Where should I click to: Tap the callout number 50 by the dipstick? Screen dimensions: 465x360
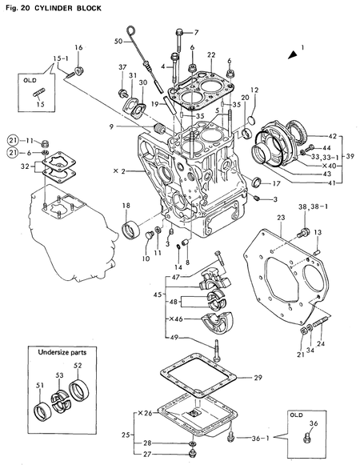click(x=118, y=41)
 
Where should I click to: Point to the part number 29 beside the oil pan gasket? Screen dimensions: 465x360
click(x=258, y=377)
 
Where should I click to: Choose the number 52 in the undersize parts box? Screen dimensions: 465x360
click(x=78, y=367)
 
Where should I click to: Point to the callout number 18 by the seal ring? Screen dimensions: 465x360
click(x=126, y=206)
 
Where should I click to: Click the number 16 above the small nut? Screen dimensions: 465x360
click(x=79, y=48)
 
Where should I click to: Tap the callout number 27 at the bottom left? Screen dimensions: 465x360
click(x=146, y=453)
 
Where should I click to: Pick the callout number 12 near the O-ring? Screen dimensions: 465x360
click(x=254, y=90)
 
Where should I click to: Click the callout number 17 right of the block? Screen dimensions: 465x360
click(x=276, y=183)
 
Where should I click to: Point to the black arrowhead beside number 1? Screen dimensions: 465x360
click(x=293, y=54)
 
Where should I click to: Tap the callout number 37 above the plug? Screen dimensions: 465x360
click(x=123, y=66)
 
